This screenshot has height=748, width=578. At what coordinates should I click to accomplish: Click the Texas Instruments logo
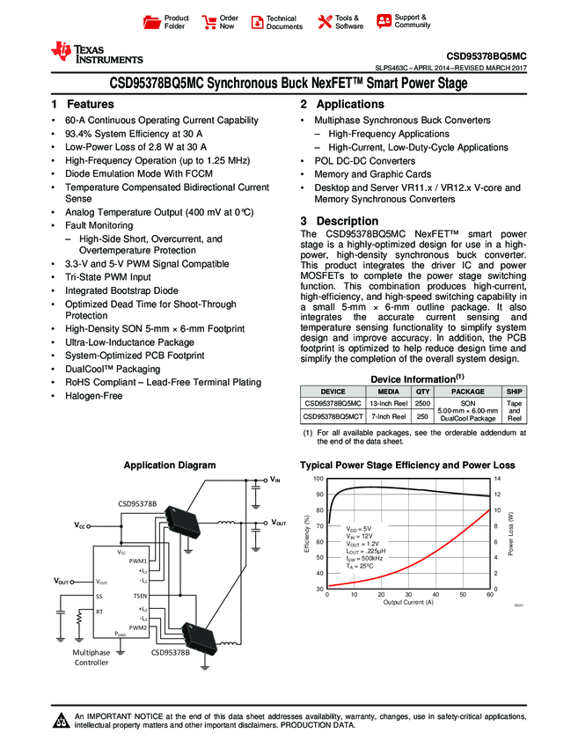pyautogui.click(x=96, y=53)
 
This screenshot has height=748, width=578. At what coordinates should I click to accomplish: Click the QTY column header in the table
pyautogui.click(x=422, y=392)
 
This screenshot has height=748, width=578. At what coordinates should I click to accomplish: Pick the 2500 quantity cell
pyautogui.click(x=422, y=403)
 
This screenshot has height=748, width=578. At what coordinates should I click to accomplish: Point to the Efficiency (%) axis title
pyautogui.click(x=307, y=532)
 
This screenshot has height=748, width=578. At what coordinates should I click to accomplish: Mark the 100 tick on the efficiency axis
pyautogui.click(x=318, y=478)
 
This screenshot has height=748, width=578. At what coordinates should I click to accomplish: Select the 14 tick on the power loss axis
pyautogui.click(x=497, y=478)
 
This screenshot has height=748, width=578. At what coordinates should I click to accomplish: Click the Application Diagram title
pyautogui.click(x=170, y=465)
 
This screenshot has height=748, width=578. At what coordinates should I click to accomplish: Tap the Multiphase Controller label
pyautogui.click(x=91, y=656)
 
